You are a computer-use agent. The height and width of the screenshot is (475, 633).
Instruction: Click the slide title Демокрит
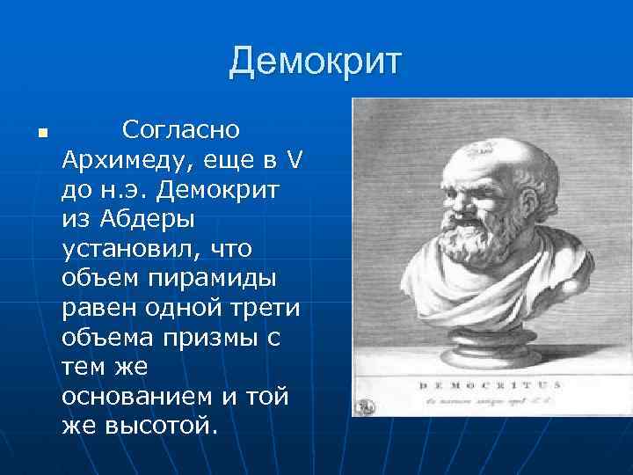pos(316,62)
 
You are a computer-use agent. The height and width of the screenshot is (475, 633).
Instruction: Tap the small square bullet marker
pos(41,135)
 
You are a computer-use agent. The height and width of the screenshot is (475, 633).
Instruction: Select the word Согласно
pos(181,131)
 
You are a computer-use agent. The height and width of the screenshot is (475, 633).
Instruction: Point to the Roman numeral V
pos(295,161)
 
